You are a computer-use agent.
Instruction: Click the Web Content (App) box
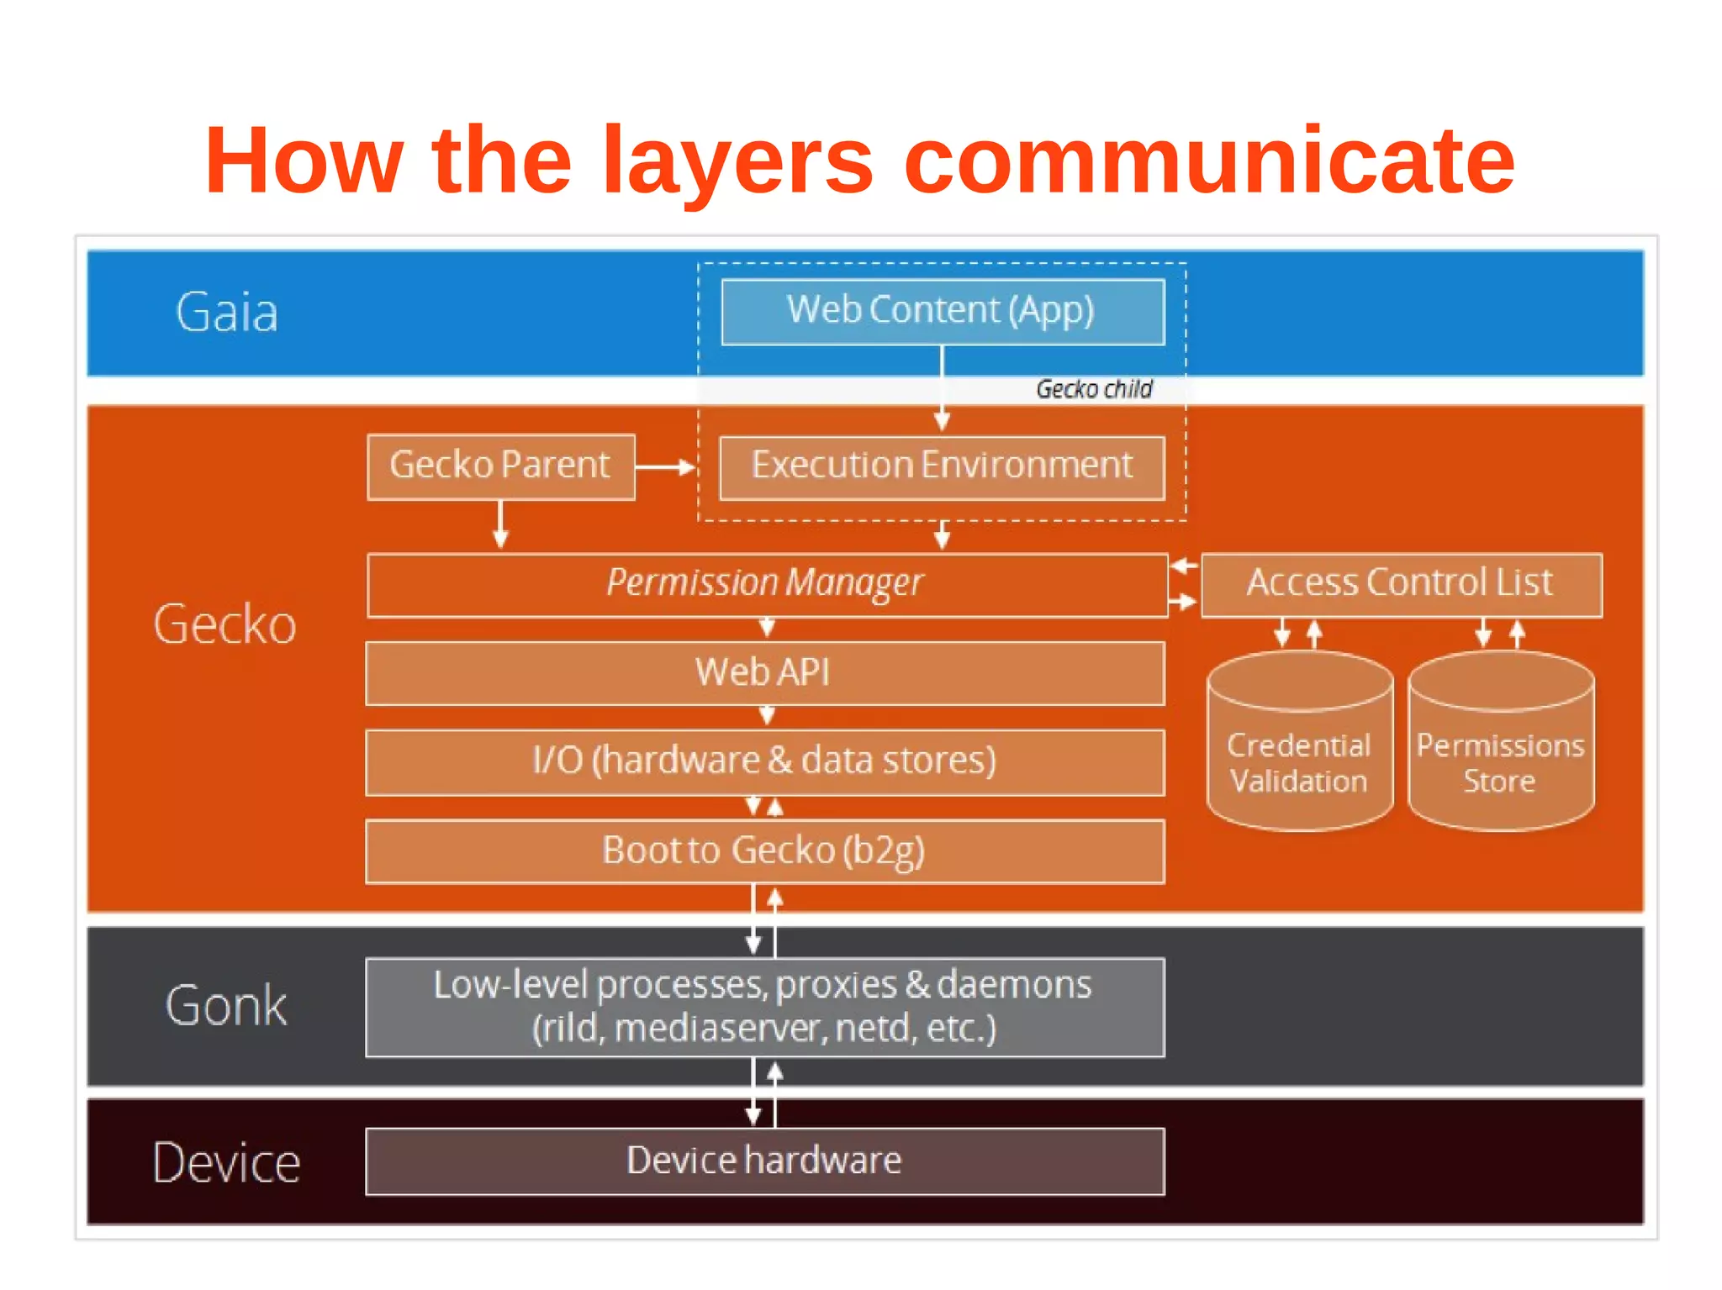943,312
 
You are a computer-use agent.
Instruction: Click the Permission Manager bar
766,584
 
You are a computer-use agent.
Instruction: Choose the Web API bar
764,673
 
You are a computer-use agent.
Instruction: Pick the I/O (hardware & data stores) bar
764,761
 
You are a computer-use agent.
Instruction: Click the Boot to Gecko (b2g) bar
764,850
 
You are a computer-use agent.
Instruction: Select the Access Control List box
1401,584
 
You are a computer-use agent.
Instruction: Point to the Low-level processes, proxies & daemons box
764,1007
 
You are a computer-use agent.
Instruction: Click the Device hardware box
764,1161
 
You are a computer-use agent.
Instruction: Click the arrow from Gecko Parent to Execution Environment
666,467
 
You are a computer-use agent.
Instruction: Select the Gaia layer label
226,313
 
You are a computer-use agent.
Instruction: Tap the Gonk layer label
226,1005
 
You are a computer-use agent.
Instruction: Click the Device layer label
226,1163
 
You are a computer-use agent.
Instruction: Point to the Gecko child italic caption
1093,389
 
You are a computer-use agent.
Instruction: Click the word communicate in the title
1208,161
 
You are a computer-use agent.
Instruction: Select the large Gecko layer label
224,624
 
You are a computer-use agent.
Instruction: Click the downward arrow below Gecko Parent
501,525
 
